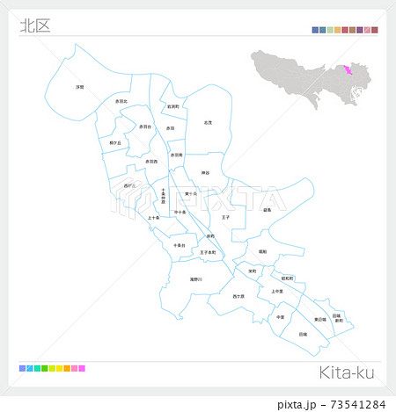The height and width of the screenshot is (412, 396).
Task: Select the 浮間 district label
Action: point(80,86)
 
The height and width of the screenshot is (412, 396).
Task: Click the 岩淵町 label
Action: point(173,107)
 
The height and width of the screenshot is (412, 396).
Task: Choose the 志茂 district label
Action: point(207,122)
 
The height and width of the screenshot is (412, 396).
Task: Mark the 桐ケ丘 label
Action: point(114,141)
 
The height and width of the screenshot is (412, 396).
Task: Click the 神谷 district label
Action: point(204,173)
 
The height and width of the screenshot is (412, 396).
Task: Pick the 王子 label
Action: point(225,216)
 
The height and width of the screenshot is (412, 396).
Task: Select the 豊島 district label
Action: point(267,210)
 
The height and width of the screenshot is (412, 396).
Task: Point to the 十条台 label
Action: point(179,244)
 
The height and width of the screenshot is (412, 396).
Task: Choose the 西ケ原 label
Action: point(238,297)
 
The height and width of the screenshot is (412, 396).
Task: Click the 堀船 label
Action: point(262,251)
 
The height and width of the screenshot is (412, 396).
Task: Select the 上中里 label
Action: point(277,291)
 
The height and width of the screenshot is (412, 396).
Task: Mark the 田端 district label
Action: point(303,334)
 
